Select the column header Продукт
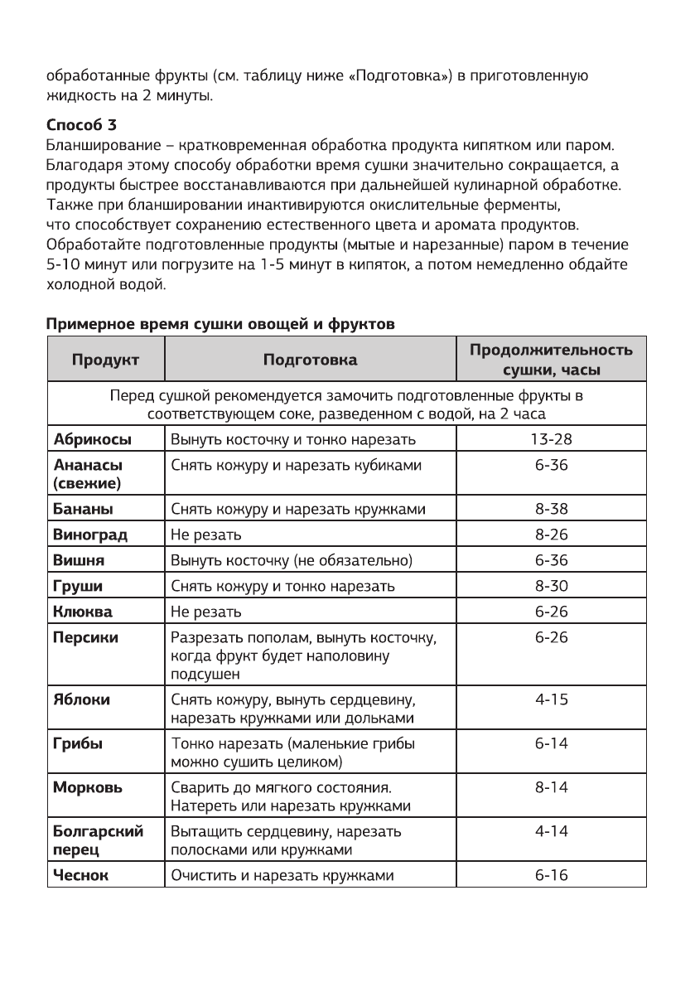click(x=105, y=360)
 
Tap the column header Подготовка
click(x=311, y=360)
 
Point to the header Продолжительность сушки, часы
click(x=551, y=360)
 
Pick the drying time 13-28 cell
click(x=551, y=438)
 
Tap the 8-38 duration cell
click(x=551, y=508)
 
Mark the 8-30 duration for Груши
click(x=551, y=587)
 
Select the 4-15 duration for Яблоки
click(x=551, y=700)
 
